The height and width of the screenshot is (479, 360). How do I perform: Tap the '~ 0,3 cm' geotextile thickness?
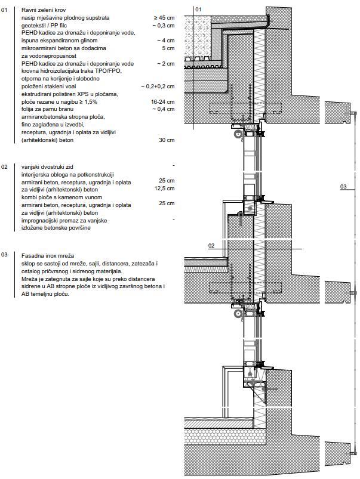164,26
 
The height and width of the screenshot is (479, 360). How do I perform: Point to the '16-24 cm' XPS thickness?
163,101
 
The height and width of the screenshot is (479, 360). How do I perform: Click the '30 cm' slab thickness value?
167,140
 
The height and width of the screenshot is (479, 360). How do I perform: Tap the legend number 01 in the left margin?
5,11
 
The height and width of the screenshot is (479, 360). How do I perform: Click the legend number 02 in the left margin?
5,166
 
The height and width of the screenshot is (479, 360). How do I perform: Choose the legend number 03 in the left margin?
5,255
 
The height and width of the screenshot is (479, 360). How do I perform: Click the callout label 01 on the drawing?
199,10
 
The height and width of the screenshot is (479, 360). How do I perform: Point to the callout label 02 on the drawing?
211,245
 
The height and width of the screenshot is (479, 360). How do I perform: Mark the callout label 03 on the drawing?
343,187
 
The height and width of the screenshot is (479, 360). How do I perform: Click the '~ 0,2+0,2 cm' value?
158,86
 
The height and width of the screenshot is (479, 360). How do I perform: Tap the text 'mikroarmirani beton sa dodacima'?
63,48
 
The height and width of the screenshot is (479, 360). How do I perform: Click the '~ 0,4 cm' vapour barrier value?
164,109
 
